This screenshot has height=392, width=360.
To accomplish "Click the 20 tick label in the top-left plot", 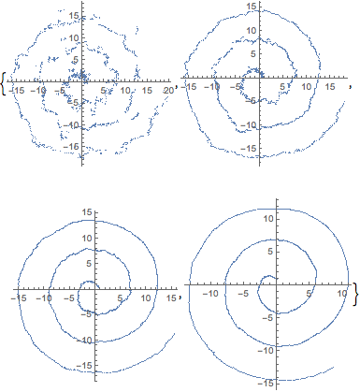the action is [x=168, y=91].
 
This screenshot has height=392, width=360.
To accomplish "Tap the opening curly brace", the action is [x=4, y=83].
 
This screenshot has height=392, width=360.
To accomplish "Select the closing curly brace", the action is [x=355, y=294].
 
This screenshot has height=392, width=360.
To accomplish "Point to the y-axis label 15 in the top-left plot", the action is [x=75, y=17].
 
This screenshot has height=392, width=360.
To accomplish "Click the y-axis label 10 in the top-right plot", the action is [x=252, y=31].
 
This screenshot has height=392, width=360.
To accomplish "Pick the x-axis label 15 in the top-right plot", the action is [x=330, y=86].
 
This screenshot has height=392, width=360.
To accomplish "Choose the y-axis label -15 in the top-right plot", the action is [x=249, y=148].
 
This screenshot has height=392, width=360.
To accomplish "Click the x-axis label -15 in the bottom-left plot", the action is [x=18, y=298].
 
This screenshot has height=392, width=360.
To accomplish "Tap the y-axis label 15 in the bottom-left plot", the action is [x=87, y=212].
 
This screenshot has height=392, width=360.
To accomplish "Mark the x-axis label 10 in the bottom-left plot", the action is [x=146, y=298].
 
